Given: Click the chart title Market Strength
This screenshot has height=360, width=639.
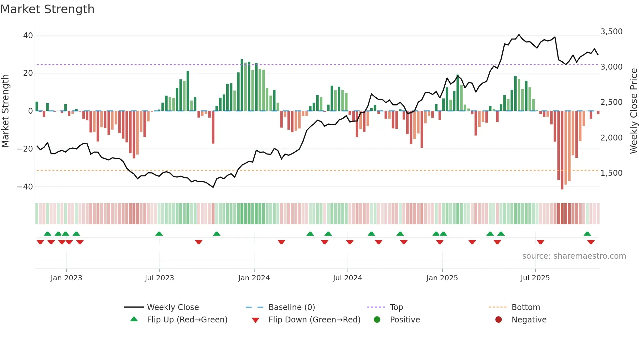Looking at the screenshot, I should point(47,9).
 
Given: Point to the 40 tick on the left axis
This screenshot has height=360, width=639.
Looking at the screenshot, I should point(28,35).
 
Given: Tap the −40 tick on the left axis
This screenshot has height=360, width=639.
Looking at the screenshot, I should point(25,187).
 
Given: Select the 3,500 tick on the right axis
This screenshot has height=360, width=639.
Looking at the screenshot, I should point(611,32).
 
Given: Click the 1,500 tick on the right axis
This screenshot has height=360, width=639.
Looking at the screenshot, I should point(611,173).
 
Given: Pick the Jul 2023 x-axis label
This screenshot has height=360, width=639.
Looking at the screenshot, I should point(159,278).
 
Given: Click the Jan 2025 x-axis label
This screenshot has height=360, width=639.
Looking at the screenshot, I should point(442,278).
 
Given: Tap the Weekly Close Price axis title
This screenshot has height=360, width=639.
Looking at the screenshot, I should point(633,111).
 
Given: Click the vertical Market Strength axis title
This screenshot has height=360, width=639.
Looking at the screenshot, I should point(6,111).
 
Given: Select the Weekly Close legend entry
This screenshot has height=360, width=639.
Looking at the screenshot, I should point(172,307).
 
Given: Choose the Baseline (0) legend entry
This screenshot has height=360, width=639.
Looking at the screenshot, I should point(291,307).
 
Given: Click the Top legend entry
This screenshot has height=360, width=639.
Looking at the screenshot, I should point(396,307).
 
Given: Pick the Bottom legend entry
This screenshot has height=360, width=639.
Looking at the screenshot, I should point(526,307).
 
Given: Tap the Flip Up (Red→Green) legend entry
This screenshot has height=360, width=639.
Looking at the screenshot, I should point(187,320).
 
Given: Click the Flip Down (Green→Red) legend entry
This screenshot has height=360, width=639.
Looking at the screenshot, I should point(314,320).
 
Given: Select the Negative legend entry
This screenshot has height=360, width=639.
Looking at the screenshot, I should point(529,320).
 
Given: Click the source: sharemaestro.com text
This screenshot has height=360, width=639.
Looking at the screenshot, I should point(574,256).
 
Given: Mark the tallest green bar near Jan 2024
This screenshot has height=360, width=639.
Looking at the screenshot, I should point(242,85).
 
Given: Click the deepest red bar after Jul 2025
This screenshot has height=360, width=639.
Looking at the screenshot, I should point(562,150).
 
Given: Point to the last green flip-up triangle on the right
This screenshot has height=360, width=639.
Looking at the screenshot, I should point(587,234).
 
